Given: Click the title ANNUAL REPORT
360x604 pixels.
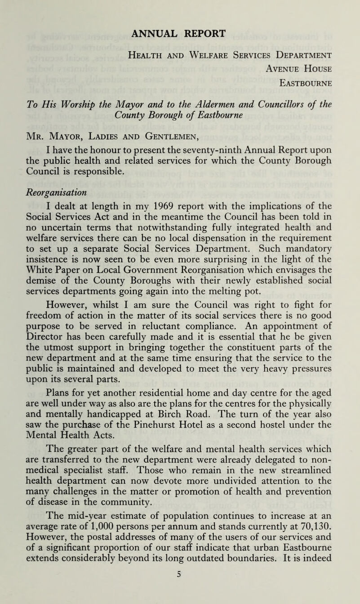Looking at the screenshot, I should pyautogui.click(x=180, y=34).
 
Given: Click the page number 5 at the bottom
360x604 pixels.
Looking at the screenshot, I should pyautogui.click(x=180, y=596).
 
